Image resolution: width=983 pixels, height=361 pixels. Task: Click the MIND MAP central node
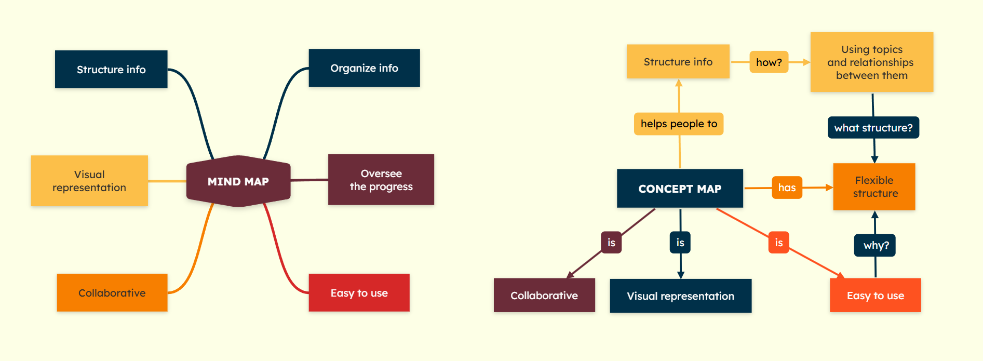coord(238,181)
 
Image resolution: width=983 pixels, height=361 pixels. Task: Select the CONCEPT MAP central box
coord(680,189)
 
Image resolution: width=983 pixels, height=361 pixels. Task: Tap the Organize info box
coord(364,68)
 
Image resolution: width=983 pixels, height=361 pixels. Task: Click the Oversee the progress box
coord(381,180)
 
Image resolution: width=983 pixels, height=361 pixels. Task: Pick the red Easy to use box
coord(359,293)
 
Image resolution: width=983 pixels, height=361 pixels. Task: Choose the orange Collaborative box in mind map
coord(112,293)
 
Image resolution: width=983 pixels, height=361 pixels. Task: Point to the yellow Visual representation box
coord(89,181)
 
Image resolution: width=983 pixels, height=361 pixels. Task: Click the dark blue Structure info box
coord(111,70)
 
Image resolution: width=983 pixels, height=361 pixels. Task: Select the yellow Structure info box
coord(678,62)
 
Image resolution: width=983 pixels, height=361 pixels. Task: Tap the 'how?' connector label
coord(769,62)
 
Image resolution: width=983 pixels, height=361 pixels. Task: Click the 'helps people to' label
coord(679,124)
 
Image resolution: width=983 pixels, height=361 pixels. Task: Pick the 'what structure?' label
coord(873,128)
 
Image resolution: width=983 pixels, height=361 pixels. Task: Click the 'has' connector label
coord(787,188)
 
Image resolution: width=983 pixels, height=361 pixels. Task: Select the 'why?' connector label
coord(876,245)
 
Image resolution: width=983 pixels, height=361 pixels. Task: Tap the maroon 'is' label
coord(611,243)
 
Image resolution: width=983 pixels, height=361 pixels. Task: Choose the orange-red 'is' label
coord(778,243)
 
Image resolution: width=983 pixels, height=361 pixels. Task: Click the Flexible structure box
coord(874,187)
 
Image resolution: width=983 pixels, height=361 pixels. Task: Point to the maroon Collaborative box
coord(544,296)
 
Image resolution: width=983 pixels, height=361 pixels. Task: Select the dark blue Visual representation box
coord(680,296)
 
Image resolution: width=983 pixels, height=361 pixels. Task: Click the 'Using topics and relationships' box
coord(871,62)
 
